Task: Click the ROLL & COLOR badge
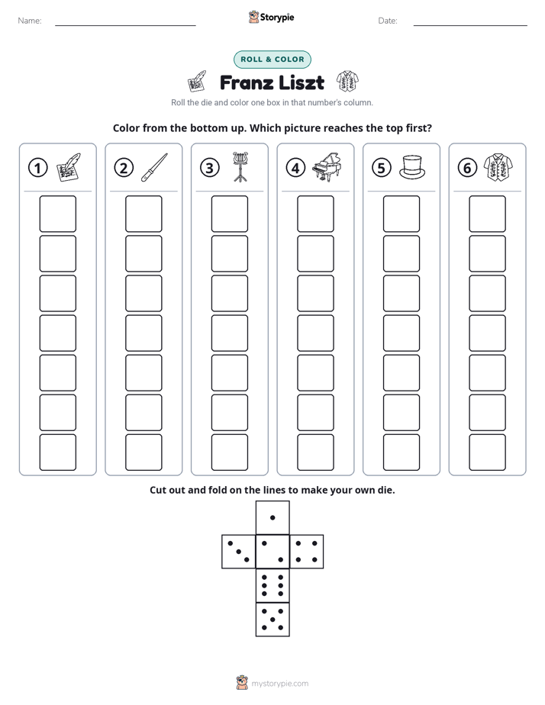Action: pyautogui.click(x=272, y=60)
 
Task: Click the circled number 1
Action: pyautogui.click(x=37, y=168)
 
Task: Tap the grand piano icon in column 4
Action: pyautogui.click(x=327, y=167)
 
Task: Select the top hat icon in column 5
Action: pyautogui.click(x=412, y=167)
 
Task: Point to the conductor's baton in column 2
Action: pyautogui.click(x=154, y=167)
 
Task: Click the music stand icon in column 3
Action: pyautogui.click(x=240, y=167)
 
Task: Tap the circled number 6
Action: pyautogui.click(x=467, y=168)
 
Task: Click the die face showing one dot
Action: pyautogui.click(x=272, y=517)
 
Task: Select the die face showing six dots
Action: pyautogui.click(x=272, y=586)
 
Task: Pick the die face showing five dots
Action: pyautogui.click(x=272, y=620)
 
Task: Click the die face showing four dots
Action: pyautogui.click(x=307, y=552)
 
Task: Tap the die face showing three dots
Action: pyautogui.click(x=239, y=552)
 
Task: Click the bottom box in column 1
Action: pyautogui.click(x=57, y=452)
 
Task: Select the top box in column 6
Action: pyautogui.click(x=487, y=214)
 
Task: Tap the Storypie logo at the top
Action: pyautogui.click(x=271, y=17)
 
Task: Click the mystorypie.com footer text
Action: pyautogui.click(x=279, y=684)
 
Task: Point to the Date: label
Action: pyautogui.click(x=388, y=21)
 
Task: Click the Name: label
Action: pyautogui.click(x=30, y=21)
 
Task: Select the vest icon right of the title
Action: pyautogui.click(x=347, y=82)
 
